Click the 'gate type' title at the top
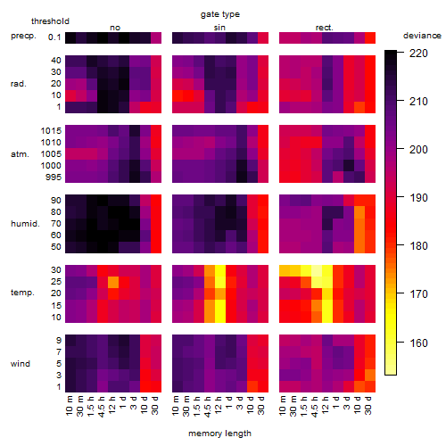[x=220, y=14]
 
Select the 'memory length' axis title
[x=219, y=434]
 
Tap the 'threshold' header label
[x=50, y=21]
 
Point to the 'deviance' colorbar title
[x=422, y=36]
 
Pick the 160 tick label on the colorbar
[x=418, y=343]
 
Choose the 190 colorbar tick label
[x=418, y=198]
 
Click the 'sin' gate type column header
[x=219, y=28]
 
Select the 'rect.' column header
[x=325, y=28]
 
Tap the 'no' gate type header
[x=115, y=28]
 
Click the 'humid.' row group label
[x=25, y=224]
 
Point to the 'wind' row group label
[x=21, y=364]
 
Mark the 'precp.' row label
[x=23, y=36]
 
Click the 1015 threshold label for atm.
[x=51, y=131]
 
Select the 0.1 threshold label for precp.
[x=54, y=37]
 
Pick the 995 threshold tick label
[x=54, y=178]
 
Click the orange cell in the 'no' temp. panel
[x=113, y=282]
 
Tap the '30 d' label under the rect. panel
[x=368, y=405]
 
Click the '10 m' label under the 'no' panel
[x=69, y=405]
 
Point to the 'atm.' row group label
[x=20, y=154]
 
